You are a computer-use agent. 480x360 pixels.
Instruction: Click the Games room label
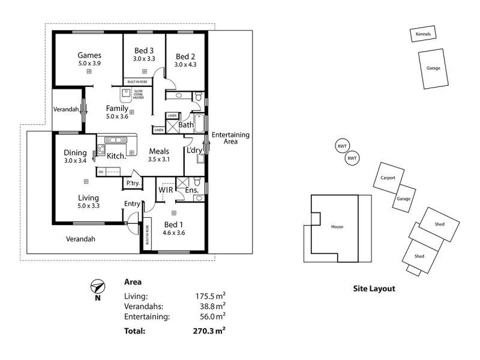point(89,55)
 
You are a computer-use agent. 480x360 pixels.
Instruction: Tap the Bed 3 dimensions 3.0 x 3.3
point(144,59)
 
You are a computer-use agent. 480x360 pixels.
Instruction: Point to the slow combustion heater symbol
point(126,93)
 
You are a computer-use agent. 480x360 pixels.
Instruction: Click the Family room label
point(117,109)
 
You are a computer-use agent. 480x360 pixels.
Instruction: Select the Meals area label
point(159,151)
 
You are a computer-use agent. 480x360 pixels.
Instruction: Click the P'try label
point(132,183)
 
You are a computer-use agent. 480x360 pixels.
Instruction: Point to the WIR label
point(166,190)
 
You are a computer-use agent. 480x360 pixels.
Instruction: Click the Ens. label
point(192,190)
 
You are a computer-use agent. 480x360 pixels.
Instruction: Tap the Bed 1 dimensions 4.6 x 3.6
point(174,233)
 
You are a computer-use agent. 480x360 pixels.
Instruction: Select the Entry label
point(132,204)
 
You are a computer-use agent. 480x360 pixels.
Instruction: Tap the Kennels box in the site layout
point(423,34)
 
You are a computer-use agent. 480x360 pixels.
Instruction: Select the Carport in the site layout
point(388,178)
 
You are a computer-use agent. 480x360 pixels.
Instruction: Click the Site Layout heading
point(374,289)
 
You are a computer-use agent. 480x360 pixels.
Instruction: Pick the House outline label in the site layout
point(337,227)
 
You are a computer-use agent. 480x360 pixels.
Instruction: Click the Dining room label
point(75,152)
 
